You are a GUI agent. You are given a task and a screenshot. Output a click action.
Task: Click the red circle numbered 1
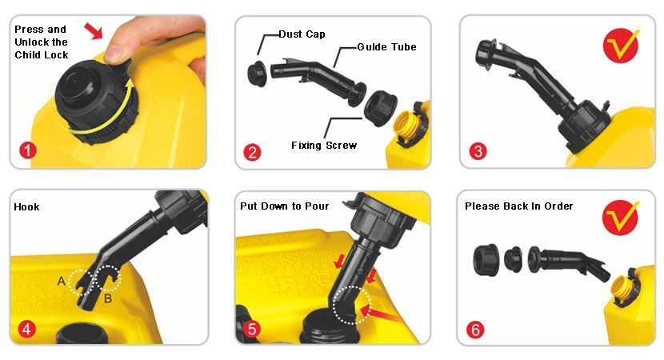tap(28, 150)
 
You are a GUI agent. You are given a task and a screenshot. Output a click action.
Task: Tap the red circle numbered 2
tap(252, 152)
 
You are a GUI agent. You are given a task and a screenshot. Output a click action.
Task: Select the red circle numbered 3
tap(478, 151)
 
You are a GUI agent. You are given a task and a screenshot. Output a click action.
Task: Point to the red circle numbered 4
tap(26, 329)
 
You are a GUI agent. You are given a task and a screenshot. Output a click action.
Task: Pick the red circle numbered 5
tap(252, 329)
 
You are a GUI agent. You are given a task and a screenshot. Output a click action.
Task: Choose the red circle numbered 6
tap(475, 330)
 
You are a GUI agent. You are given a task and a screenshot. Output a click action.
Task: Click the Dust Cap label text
tap(302, 34)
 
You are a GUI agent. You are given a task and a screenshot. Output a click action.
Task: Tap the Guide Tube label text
tap(386, 47)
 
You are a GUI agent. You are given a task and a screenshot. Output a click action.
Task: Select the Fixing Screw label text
tap(324, 146)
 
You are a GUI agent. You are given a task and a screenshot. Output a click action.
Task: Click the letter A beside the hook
tap(62, 281)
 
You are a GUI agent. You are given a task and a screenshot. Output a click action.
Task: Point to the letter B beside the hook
tap(108, 298)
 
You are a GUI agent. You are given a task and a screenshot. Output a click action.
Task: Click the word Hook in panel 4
tap(26, 206)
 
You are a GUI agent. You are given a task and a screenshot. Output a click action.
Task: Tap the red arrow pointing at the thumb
tap(94, 31)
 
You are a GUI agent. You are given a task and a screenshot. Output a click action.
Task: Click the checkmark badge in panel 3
tap(621, 45)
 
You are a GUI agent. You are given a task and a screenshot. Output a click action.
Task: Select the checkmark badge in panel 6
tap(620, 218)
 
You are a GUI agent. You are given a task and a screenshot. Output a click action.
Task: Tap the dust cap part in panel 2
tap(257, 74)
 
